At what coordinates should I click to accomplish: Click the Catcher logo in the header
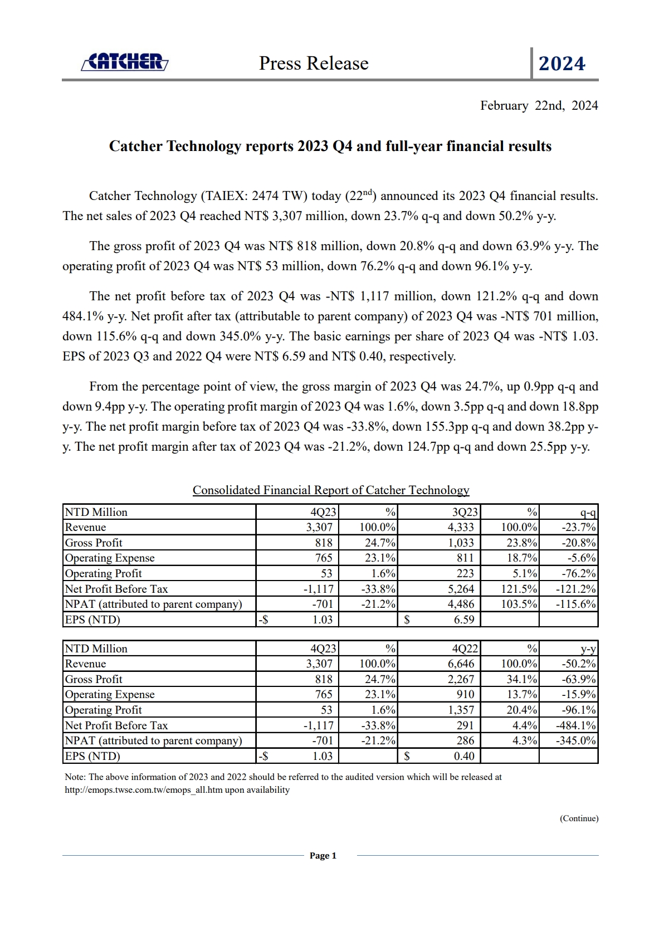click(125, 62)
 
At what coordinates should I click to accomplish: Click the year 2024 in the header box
click(562, 64)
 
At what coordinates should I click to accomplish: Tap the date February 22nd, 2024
click(539, 106)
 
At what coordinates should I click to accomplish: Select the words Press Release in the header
click(314, 64)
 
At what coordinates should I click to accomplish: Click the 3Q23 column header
click(465, 512)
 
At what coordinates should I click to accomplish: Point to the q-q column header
click(588, 513)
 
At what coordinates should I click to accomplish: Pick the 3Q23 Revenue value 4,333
click(461, 527)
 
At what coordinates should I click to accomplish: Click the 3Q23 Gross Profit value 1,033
click(461, 543)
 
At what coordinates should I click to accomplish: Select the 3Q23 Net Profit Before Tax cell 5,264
click(461, 589)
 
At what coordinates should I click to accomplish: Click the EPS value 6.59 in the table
click(464, 620)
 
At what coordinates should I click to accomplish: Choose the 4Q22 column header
click(465, 649)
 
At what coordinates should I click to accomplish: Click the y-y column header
click(588, 649)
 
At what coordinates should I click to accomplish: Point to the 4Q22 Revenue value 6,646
click(461, 664)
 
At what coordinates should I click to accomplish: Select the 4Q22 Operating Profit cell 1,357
click(461, 710)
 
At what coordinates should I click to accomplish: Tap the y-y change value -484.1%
click(576, 725)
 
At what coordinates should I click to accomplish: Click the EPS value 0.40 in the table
click(464, 756)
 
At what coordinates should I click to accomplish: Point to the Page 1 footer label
click(323, 856)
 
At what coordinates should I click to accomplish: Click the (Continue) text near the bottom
click(579, 818)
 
